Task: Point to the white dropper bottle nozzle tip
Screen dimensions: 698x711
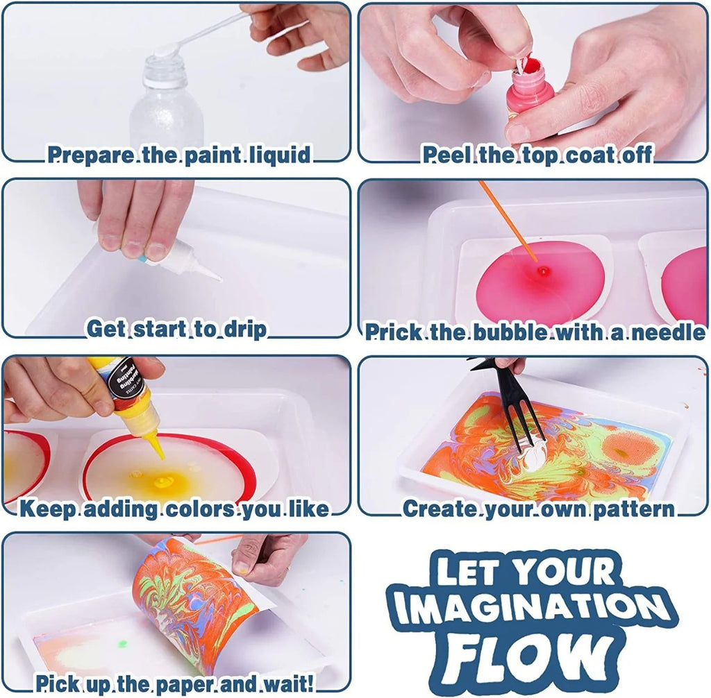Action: [x=219, y=280]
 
